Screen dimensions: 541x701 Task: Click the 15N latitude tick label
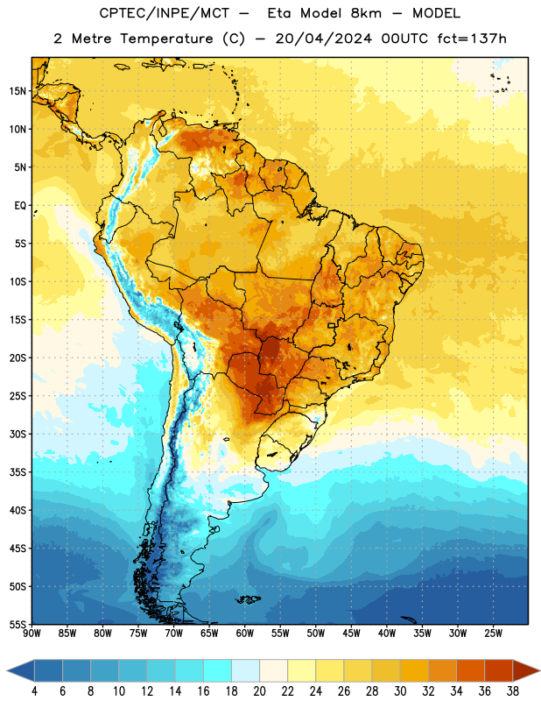18,91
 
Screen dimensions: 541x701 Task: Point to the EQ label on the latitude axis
20,206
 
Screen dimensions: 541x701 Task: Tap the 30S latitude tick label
18,434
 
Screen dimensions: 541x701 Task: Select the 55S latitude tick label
18,624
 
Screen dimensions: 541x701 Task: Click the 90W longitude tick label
32,634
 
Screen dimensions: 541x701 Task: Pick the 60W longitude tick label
245,634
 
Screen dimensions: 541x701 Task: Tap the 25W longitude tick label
493,634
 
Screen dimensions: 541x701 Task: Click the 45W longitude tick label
351,634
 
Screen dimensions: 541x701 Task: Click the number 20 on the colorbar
259,691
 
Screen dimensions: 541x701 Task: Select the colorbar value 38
513,691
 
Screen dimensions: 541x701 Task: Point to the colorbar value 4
34,691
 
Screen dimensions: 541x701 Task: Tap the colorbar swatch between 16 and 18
218,670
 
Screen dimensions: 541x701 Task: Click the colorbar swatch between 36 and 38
499,670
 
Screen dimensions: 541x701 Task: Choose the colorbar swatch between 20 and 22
274,670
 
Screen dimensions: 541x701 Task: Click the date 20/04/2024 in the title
324,39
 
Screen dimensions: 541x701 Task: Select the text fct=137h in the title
472,39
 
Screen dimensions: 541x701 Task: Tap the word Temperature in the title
166,39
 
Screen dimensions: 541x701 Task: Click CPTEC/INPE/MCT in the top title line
164,13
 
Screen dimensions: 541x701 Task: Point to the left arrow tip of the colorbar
7,670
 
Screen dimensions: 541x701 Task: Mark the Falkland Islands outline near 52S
248,599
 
